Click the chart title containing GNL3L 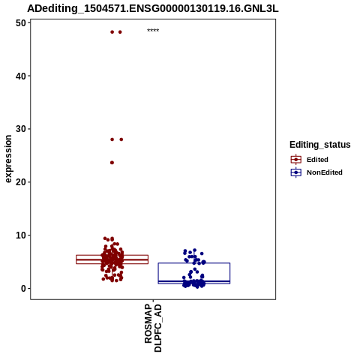pyautogui.click(x=153, y=9)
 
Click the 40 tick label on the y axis pyautogui.click(x=21, y=76)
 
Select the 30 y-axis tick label pyautogui.click(x=21, y=129)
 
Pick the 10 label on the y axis pyautogui.click(x=21, y=235)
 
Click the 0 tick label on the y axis pyautogui.click(x=23, y=289)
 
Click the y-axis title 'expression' pyautogui.click(x=8, y=159)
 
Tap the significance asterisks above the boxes pyautogui.click(x=153, y=30)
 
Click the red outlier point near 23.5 pyautogui.click(x=112, y=163)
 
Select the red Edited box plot pyautogui.click(x=112, y=259)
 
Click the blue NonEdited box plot pyautogui.click(x=194, y=273)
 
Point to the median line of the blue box pyautogui.click(x=194, y=281)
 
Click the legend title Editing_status pyautogui.click(x=320, y=145)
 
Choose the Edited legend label pyautogui.click(x=317, y=160)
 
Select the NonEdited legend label pyautogui.click(x=325, y=172)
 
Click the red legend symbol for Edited pyautogui.click(x=296, y=160)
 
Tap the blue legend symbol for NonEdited pyautogui.click(x=296, y=172)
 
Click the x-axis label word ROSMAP pyautogui.click(x=148, y=323)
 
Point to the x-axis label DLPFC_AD pyautogui.click(x=158, y=328)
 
